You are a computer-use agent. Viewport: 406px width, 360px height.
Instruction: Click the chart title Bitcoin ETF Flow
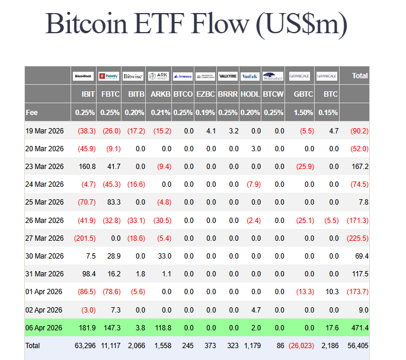coord(196,25)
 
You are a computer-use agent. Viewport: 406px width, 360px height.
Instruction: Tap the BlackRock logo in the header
coord(82,76)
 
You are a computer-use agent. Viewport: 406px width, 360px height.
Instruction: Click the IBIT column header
coord(88,94)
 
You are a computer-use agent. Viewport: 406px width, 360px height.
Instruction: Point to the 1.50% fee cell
coord(303,112)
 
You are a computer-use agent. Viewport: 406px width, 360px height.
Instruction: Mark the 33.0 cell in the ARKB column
coord(164,256)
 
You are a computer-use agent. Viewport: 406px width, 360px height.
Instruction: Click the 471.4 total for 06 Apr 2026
coord(359,327)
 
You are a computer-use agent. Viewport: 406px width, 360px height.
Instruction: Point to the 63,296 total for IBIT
coord(84,345)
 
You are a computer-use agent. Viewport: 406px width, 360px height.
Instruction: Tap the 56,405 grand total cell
coord(357,345)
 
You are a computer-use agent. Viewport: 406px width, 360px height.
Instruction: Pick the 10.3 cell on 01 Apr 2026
coord(332,292)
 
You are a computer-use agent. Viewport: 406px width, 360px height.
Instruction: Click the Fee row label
coord(32,112)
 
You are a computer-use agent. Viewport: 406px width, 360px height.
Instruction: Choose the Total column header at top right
coord(360,76)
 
